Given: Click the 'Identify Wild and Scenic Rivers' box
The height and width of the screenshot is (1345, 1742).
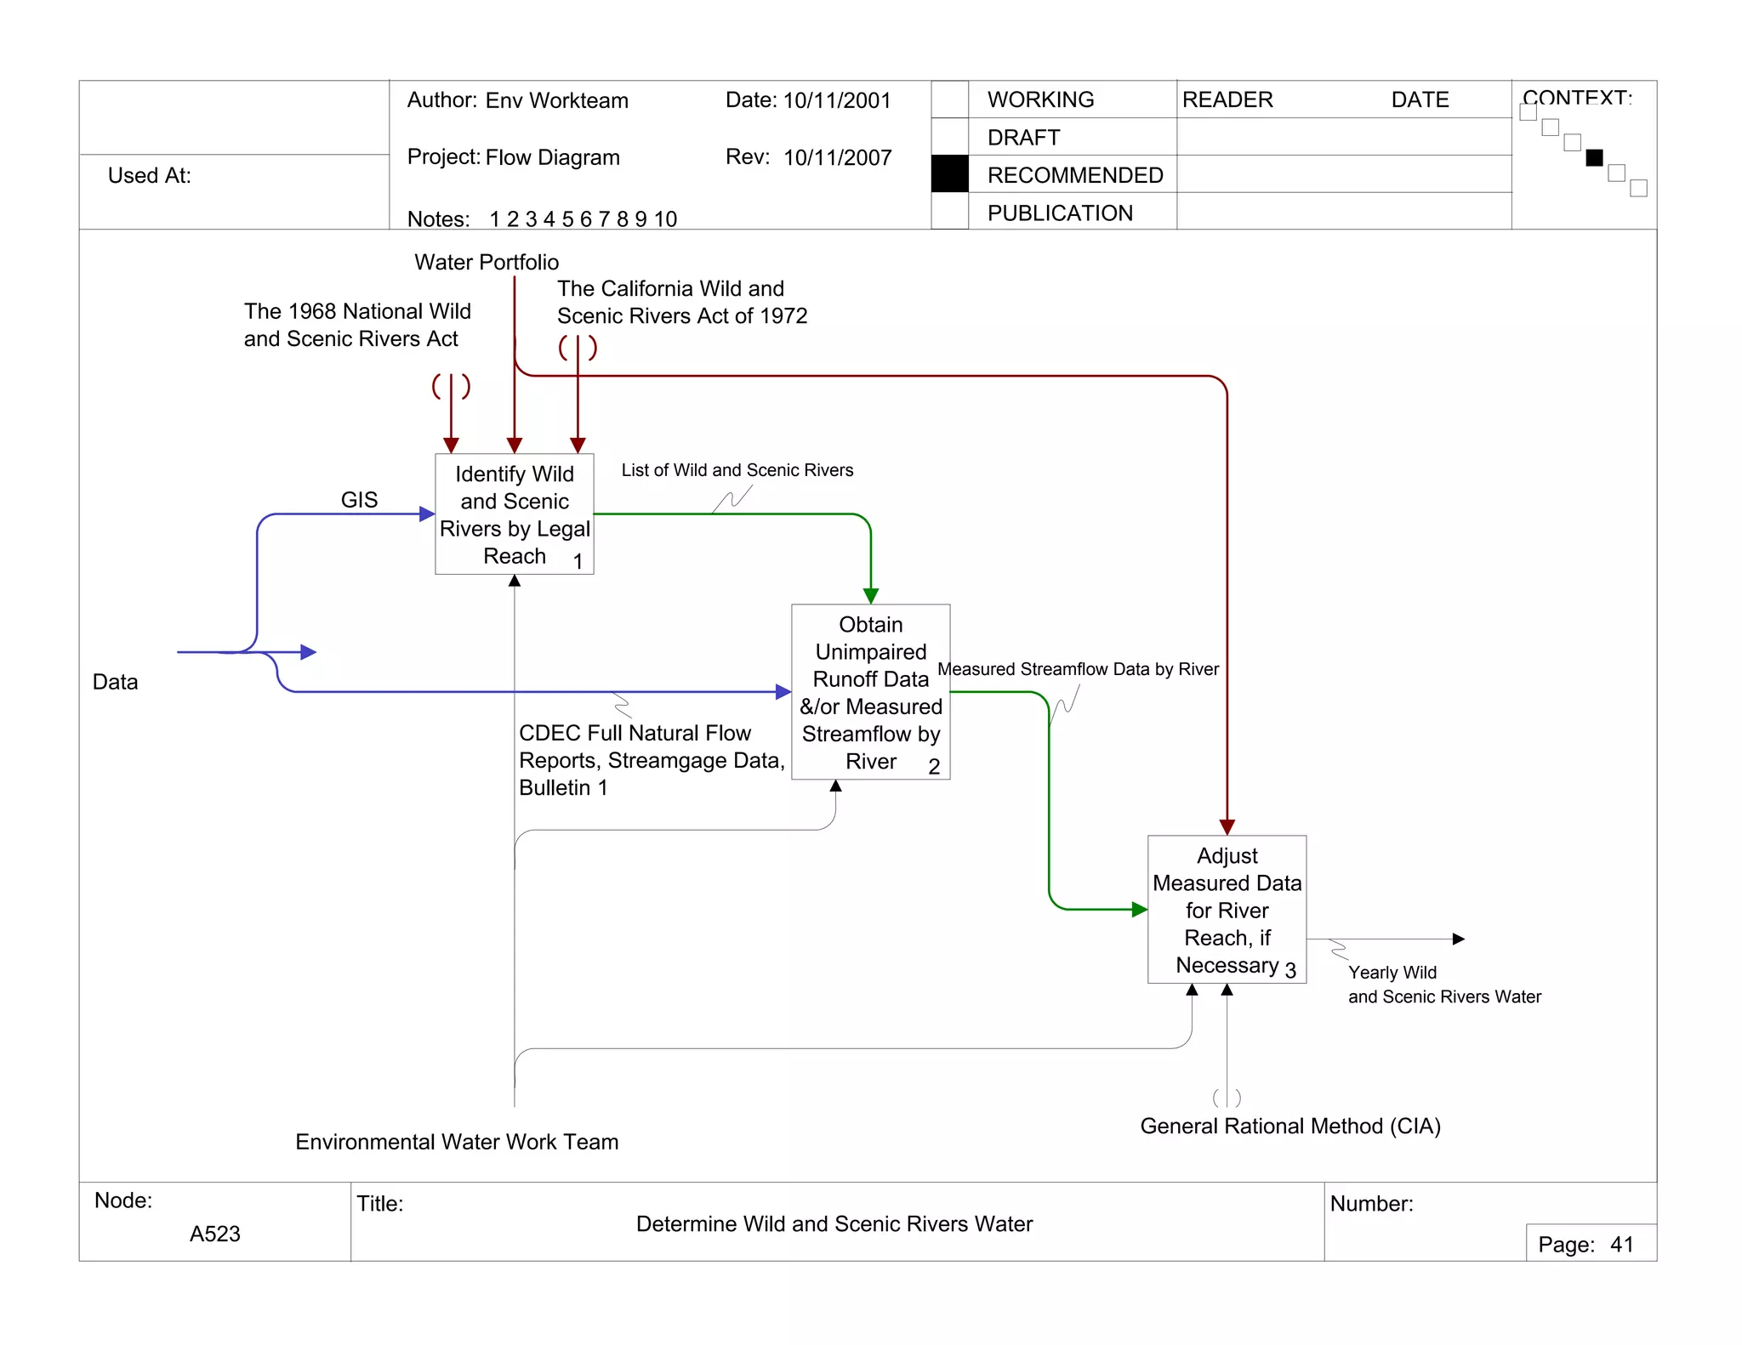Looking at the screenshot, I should pos(514,514).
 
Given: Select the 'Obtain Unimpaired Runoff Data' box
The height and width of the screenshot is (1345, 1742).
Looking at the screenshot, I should pos(870,692).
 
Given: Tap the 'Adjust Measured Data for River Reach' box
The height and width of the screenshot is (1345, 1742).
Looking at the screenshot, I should pos(1227,910).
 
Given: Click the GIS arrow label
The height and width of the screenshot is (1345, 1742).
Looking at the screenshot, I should pos(359,500).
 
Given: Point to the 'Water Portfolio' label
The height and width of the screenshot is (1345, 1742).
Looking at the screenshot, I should pos(487,262).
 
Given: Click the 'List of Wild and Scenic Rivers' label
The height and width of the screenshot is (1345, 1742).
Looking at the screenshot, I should pos(737,470).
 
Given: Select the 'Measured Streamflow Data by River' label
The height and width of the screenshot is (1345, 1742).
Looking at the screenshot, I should pos(1078,669).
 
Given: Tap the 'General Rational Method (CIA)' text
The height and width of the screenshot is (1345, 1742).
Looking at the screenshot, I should pos(1289,1126).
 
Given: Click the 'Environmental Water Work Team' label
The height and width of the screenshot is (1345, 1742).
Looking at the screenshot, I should pos(457,1142).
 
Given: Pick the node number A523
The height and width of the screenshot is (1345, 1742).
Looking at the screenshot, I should pos(214,1234).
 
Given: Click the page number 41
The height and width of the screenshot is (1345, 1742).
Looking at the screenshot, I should pos(1621,1245).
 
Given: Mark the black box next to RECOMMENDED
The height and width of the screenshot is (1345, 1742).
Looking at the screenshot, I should pos(949,174).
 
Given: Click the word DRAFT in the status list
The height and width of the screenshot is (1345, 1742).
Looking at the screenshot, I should pos(1023,138).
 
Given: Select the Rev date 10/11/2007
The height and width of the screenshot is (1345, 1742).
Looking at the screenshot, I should pos(837,158).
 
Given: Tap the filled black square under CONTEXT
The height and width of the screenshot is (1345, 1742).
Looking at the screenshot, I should pos(1594,157).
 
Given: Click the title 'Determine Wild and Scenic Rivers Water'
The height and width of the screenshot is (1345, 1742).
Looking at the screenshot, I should pos(834,1224).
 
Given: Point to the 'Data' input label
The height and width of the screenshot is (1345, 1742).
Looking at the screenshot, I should pos(115,682).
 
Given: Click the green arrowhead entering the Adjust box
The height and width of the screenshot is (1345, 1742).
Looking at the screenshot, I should pos(1139,910).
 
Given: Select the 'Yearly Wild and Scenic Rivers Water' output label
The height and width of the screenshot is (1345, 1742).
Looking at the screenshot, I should pos(1443,985).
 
